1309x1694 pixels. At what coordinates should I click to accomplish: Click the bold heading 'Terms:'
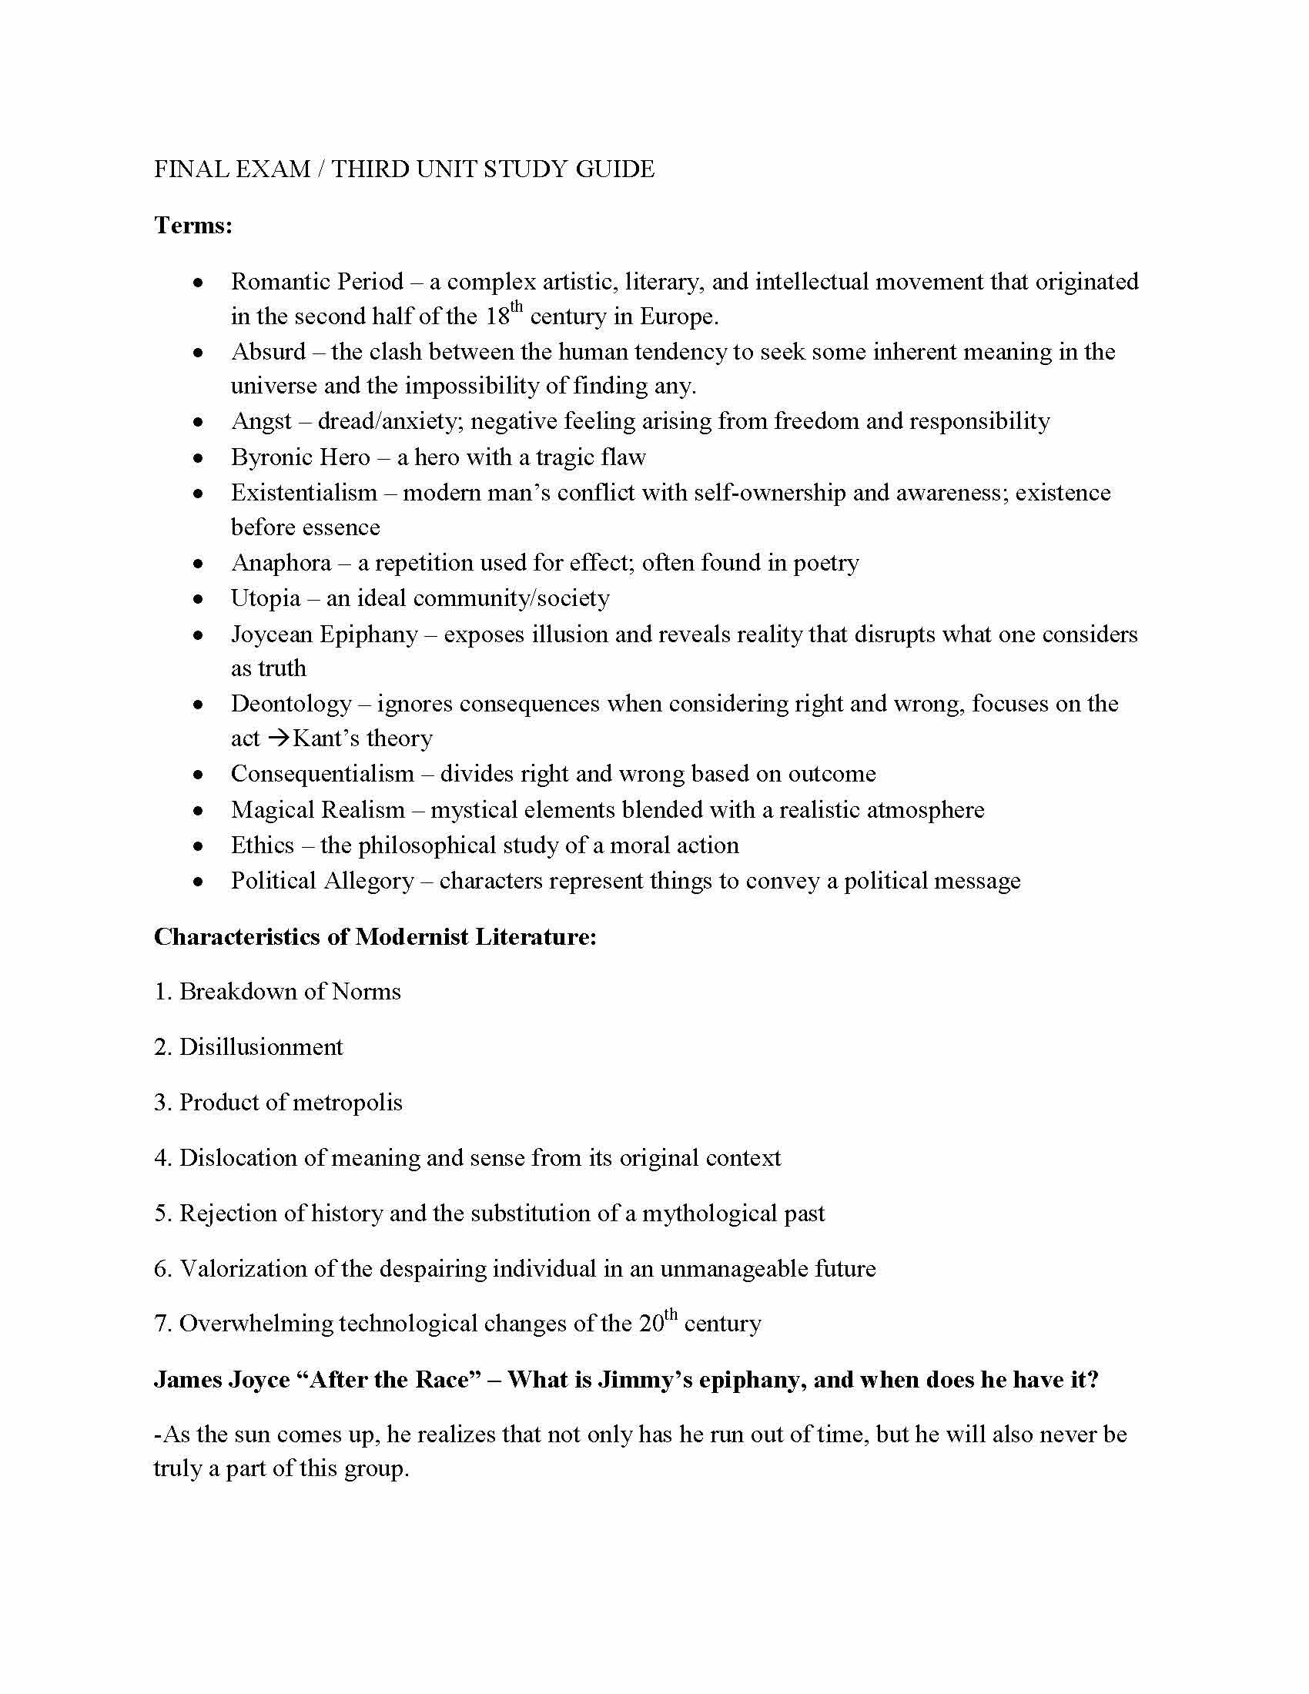point(193,226)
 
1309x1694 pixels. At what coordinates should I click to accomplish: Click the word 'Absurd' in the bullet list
point(268,351)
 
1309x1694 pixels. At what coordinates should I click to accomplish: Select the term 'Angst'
point(260,421)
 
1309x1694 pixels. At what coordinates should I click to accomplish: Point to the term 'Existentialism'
point(304,493)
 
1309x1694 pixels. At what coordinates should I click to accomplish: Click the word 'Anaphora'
point(281,562)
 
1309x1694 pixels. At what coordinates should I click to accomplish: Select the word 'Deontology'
point(292,704)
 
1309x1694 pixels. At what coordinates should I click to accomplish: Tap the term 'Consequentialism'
point(323,773)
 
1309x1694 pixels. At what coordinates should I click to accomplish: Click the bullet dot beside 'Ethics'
point(199,846)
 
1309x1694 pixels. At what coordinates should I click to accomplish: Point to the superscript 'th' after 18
point(517,307)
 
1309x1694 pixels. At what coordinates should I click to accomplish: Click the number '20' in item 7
point(651,1323)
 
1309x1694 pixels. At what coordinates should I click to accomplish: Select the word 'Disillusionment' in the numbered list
point(261,1047)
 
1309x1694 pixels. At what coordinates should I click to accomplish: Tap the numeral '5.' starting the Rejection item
point(162,1213)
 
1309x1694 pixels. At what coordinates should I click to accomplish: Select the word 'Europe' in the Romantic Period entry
point(674,316)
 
